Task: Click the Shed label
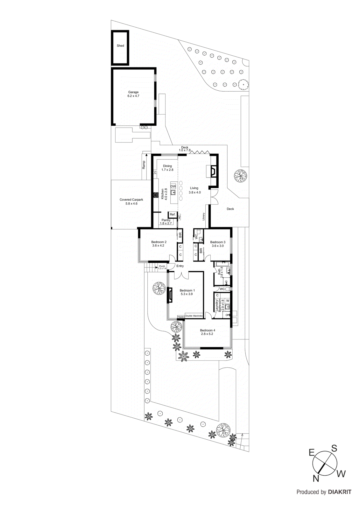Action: click(x=120, y=46)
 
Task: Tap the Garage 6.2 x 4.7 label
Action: click(x=133, y=94)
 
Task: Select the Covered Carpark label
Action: click(x=131, y=202)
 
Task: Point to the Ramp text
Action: click(x=144, y=165)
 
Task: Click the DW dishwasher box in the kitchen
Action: click(x=173, y=186)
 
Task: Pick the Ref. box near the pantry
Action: click(x=173, y=215)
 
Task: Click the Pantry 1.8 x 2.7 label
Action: click(x=166, y=222)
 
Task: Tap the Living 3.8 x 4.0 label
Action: click(x=194, y=190)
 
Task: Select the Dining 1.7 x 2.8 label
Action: click(x=167, y=168)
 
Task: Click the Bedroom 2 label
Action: click(x=159, y=244)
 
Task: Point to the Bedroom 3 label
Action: click(x=218, y=244)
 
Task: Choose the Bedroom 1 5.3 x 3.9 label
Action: click(x=187, y=292)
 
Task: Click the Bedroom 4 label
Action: click(x=207, y=332)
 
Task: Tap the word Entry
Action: click(x=180, y=266)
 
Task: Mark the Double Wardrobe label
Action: click(x=194, y=316)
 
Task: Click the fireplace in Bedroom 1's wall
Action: click(x=170, y=295)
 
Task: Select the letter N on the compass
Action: click(x=316, y=478)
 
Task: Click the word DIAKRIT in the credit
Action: click(x=340, y=492)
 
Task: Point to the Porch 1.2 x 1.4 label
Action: click(x=162, y=267)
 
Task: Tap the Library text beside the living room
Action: click(x=204, y=217)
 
